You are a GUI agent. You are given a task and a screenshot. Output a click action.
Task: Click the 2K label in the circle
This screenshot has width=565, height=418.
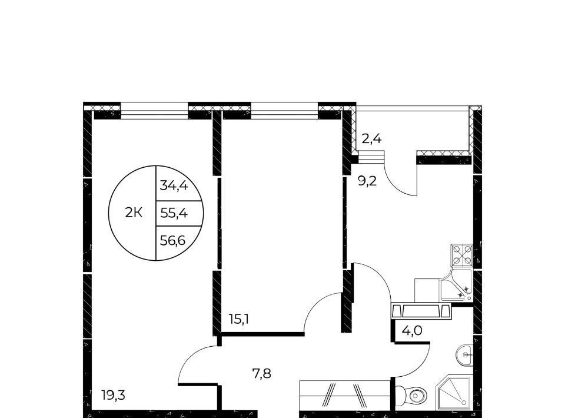(x=134, y=213)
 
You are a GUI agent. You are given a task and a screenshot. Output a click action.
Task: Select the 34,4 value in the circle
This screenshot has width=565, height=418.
(x=174, y=185)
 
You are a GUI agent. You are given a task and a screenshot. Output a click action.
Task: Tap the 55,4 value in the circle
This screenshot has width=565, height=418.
(x=174, y=213)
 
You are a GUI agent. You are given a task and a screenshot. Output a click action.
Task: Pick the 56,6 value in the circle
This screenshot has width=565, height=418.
(x=172, y=240)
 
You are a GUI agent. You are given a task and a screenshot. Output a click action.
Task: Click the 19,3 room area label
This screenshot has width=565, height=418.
(x=113, y=396)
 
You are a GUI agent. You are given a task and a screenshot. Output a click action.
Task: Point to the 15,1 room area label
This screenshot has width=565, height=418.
(x=239, y=319)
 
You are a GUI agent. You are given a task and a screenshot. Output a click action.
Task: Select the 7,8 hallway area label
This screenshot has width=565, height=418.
(x=261, y=374)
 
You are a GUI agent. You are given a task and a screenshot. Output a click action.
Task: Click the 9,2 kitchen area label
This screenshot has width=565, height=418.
(x=367, y=181)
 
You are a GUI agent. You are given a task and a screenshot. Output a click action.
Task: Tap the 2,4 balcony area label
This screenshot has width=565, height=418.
(x=371, y=138)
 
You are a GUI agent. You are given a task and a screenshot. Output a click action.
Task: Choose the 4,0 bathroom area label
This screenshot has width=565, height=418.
(x=412, y=330)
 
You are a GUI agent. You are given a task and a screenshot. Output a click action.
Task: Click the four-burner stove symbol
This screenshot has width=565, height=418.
(x=462, y=255)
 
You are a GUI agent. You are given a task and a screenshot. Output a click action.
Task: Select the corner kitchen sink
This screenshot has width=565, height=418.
(x=456, y=286)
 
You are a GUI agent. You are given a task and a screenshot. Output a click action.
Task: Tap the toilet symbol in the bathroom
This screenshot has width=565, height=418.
(x=411, y=396)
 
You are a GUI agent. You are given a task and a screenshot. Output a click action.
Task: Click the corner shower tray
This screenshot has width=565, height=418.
(x=454, y=393)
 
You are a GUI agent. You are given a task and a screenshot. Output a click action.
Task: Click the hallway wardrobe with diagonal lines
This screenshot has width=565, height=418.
(x=345, y=394)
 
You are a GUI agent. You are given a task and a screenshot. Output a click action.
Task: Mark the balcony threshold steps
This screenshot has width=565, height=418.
(x=371, y=157)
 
